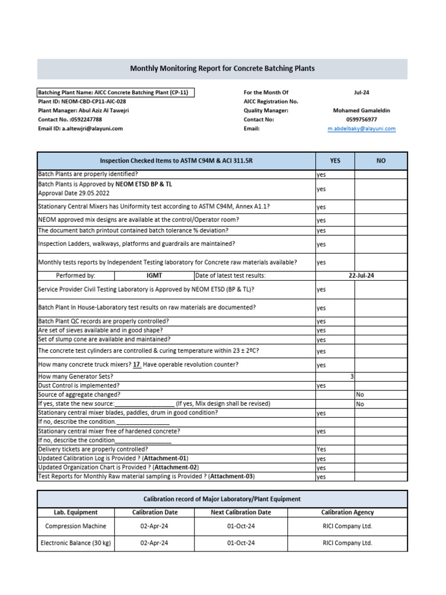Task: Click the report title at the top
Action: point(222,69)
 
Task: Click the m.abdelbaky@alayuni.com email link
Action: point(361,128)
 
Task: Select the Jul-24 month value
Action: point(361,92)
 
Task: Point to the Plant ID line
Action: point(81,101)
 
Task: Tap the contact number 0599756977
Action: point(361,119)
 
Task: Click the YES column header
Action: point(335,160)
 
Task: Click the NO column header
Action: point(381,160)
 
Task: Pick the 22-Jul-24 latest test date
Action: point(361,275)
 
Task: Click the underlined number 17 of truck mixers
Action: point(137,364)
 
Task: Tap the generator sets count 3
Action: point(352,377)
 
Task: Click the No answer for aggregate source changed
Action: point(360,394)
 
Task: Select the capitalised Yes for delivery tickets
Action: point(321,449)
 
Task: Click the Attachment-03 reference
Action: point(232,476)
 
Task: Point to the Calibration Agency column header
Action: point(347,512)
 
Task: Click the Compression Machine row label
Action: point(75,526)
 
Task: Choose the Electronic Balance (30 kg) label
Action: point(75,543)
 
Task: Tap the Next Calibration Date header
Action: point(240,512)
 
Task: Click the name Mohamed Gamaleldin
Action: point(361,110)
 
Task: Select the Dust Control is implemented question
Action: point(79,385)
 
